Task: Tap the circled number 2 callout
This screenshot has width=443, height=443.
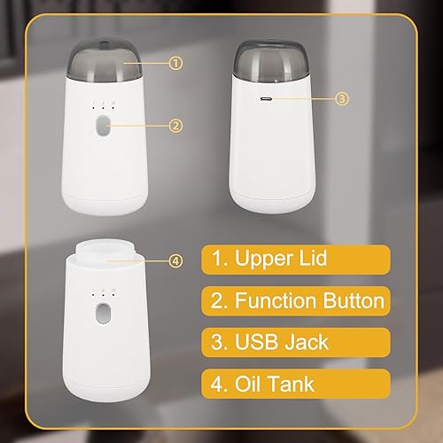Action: (175, 125)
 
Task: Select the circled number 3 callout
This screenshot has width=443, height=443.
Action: (343, 99)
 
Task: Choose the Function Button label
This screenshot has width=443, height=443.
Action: (297, 300)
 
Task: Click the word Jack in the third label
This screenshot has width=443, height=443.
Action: (306, 341)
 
